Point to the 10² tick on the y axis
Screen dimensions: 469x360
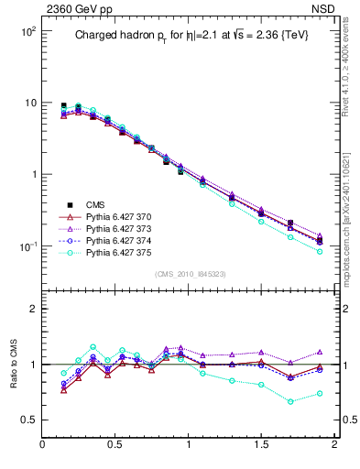pyautogui.click(x=27, y=31)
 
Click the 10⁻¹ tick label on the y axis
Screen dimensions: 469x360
pyautogui.click(x=27, y=246)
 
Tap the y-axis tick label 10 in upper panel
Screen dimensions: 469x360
pyautogui.click(x=29, y=103)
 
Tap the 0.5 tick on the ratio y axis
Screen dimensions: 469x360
pyautogui.click(x=27, y=420)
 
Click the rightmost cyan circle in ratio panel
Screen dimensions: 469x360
pyautogui.click(x=320, y=394)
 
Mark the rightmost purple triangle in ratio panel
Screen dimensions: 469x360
pyautogui.click(x=320, y=352)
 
